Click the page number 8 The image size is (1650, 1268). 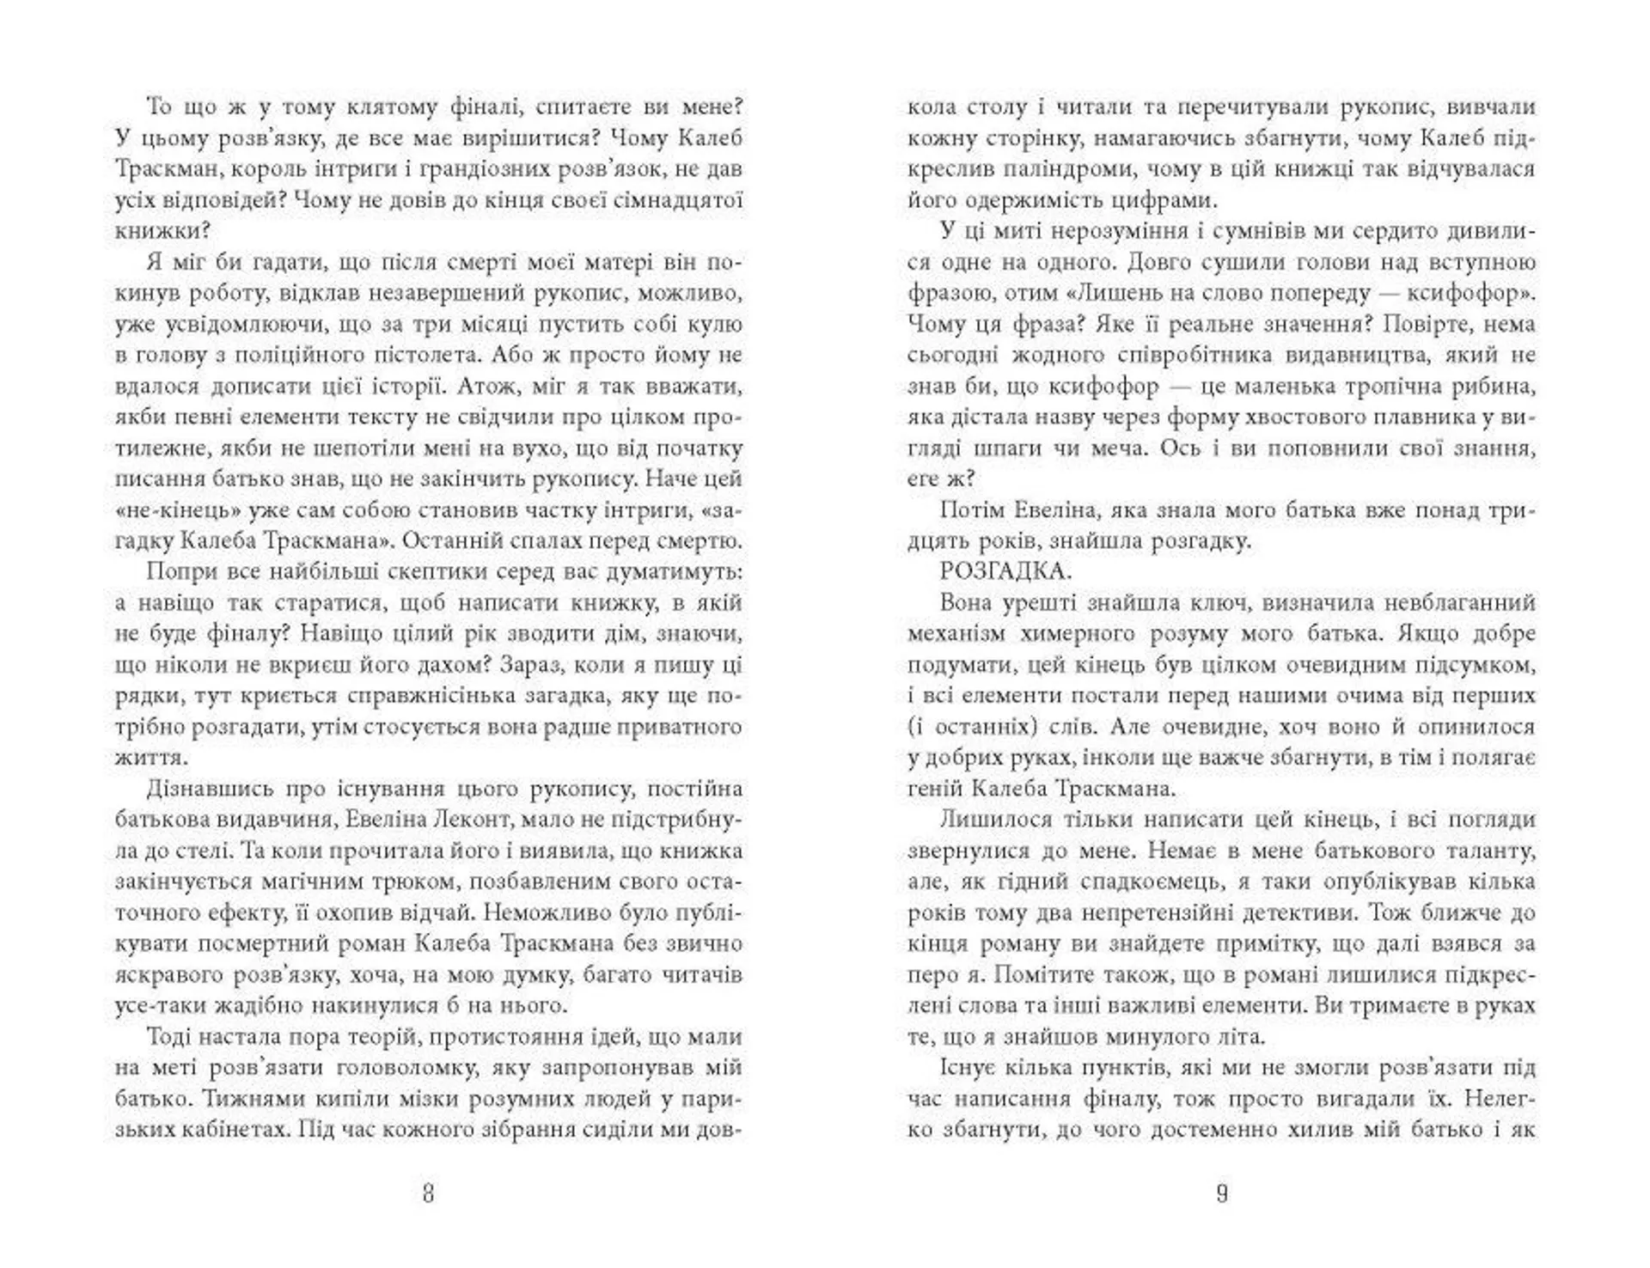click(x=429, y=1193)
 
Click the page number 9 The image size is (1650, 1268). click(x=1221, y=1193)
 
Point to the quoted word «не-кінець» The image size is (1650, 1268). click(x=175, y=510)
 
